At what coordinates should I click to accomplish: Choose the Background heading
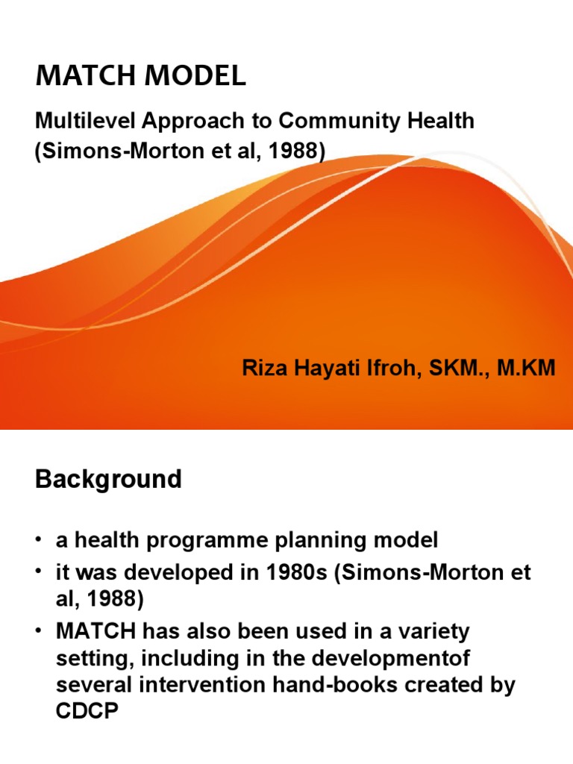(x=108, y=479)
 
